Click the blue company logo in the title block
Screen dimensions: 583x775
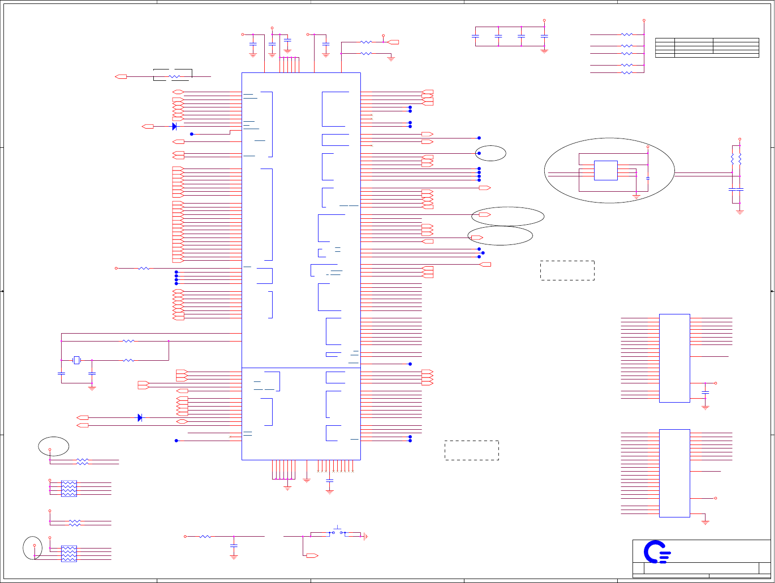click(x=657, y=552)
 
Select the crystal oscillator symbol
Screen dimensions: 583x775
click(x=76, y=360)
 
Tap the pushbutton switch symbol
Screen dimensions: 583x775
click(x=338, y=532)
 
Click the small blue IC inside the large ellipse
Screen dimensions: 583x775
click(x=606, y=171)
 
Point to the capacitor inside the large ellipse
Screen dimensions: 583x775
click(x=647, y=178)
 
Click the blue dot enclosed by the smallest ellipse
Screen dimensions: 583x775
click(x=479, y=153)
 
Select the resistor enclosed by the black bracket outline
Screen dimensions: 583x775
click(x=175, y=77)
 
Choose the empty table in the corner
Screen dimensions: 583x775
click(x=707, y=47)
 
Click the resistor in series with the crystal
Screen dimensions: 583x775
click(x=128, y=360)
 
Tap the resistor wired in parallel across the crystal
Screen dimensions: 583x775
click(x=128, y=341)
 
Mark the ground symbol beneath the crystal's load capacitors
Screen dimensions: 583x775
click(x=92, y=388)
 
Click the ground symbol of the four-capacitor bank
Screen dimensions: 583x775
click(x=544, y=50)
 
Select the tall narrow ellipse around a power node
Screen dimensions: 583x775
click(x=33, y=548)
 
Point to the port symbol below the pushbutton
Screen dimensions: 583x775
click(x=312, y=556)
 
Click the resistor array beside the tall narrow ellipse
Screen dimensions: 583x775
click(x=69, y=553)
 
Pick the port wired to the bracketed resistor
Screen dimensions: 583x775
click(x=121, y=77)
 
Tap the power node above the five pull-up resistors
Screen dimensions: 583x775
click(x=644, y=21)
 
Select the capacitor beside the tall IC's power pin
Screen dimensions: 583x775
click(x=705, y=392)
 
